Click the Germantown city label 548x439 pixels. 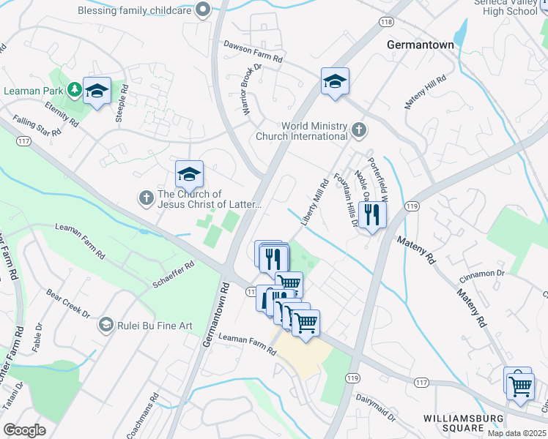point(420,45)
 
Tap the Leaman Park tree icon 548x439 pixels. point(74,90)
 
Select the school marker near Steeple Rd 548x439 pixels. point(97,91)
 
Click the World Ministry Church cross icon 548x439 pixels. point(358,131)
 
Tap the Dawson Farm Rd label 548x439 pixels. point(253,48)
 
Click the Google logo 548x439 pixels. point(25,430)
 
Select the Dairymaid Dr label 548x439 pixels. point(376,410)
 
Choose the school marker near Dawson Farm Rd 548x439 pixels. point(335,82)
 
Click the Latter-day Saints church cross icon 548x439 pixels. point(146,198)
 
